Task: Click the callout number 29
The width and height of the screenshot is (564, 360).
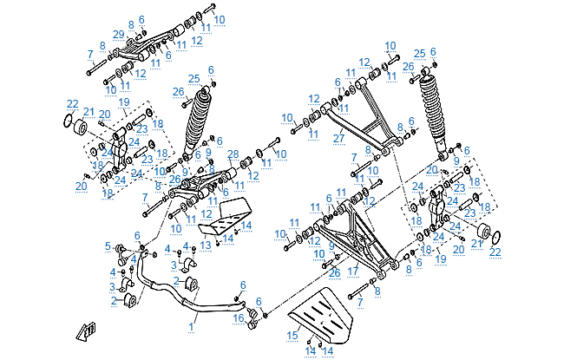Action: coord(119,34)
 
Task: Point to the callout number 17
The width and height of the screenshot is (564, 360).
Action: coord(353,271)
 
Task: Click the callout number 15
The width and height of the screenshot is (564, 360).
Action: coord(292,336)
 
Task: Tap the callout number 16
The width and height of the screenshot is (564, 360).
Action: coord(239,318)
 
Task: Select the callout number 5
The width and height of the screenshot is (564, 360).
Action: coord(108,245)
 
